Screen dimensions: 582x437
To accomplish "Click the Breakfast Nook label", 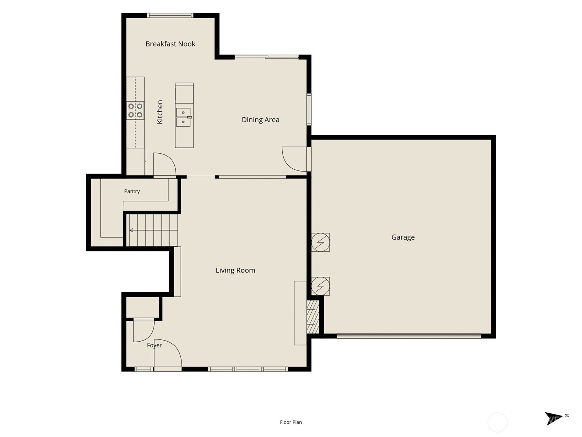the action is pos(170,44).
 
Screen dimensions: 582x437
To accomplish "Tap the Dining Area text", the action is pos(260,120).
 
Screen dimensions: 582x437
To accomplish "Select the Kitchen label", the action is pos(160,112).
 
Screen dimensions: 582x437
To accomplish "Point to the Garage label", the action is pos(403,237).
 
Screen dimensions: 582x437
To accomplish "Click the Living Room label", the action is pos(235,270).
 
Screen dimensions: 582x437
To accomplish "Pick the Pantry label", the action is pos(132,191).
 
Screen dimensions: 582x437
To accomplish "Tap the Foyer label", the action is pos(154,345).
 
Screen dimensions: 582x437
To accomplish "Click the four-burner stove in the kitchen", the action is pos(135,110).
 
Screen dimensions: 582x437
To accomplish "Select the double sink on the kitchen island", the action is pos(183,117).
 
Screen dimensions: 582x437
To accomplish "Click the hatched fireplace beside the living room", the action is pos(313,317).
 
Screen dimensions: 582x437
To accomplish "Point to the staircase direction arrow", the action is pos(131,230).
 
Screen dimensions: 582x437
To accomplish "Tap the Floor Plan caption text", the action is pos(291,422).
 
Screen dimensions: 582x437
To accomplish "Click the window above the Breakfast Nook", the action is pos(170,15).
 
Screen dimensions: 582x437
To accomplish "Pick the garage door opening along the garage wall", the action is pos(408,336).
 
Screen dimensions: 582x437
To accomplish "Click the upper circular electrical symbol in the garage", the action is pos(320,242).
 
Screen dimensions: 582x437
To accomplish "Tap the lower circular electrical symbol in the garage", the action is pos(320,286).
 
